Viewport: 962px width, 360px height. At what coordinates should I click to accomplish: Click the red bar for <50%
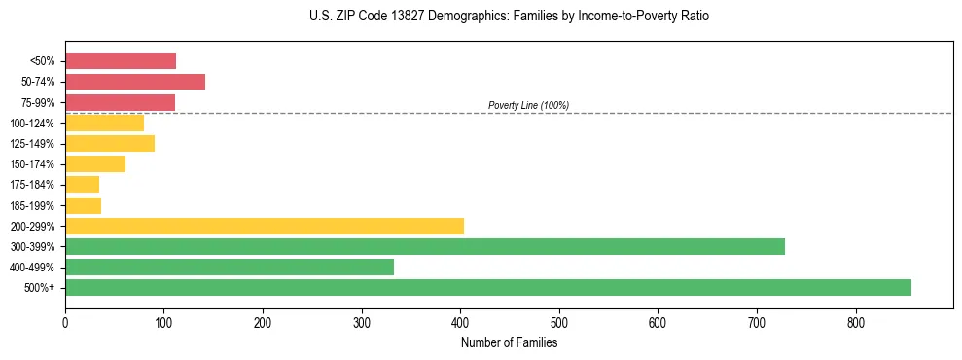tap(121, 61)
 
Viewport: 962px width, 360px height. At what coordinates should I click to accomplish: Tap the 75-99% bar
tap(120, 102)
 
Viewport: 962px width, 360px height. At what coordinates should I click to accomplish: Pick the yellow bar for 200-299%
tap(265, 226)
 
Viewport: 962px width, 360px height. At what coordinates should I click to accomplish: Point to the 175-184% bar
tap(82, 185)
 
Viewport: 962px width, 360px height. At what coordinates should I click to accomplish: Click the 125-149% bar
tap(110, 144)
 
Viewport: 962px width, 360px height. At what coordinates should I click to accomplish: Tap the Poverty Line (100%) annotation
tap(528, 105)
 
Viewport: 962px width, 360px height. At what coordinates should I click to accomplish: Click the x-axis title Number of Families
tap(509, 342)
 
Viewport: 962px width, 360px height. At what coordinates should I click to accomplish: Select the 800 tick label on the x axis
tap(855, 322)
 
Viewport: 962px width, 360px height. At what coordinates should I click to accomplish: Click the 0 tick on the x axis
tap(65, 322)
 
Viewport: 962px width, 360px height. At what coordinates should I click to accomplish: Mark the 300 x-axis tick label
tap(361, 322)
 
